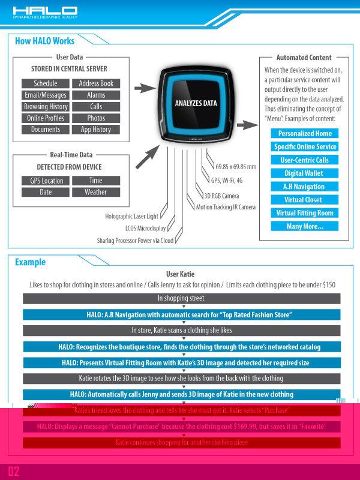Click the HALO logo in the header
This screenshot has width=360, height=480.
point(45,10)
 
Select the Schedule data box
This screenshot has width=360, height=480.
point(46,83)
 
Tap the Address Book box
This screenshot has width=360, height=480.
point(96,83)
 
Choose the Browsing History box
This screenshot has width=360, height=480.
point(46,106)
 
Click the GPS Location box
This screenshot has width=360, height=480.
point(46,181)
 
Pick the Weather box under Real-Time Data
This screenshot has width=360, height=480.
point(96,192)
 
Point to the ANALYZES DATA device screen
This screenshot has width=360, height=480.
point(196,103)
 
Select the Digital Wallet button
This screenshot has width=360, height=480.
point(304,173)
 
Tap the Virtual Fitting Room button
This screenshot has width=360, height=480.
point(304,213)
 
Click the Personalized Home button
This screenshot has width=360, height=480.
point(304,133)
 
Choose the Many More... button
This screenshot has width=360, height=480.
point(304,226)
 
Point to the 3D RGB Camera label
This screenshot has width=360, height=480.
point(221,196)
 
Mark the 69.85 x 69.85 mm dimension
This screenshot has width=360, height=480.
point(236,166)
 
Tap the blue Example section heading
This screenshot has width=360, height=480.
point(30,262)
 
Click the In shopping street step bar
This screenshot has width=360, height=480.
point(181,298)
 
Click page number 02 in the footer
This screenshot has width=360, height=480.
point(14,471)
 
